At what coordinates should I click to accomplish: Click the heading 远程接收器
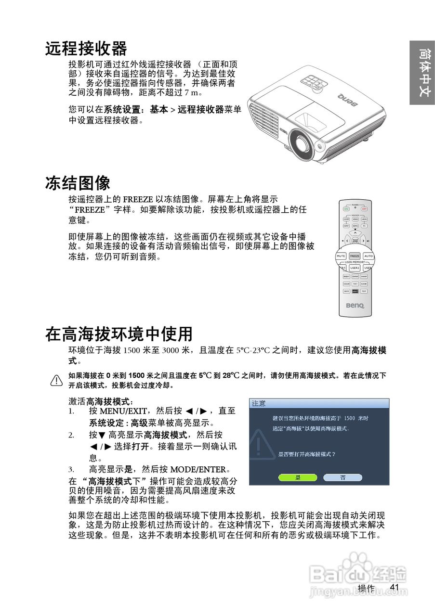pyautogui.click(x=86, y=49)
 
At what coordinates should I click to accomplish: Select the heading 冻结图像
pyautogui.click(x=78, y=182)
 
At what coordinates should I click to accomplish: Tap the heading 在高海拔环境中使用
pyautogui.click(x=119, y=334)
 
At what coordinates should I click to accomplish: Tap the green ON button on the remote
pyautogui.click(x=346, y=209)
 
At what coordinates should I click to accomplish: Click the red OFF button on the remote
pyautogui.click(x=364, y=209)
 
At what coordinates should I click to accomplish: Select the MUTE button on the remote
pyautogui.click(x=341, y=256)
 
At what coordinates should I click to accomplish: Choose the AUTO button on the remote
pyautogui.click(x=369, y=256)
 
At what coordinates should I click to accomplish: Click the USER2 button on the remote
pyautogui.click(x=355, y=268)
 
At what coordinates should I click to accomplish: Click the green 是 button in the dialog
pyautogui.click(x=298, y=477)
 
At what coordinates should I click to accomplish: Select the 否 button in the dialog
pyautogui.click(x=343, y=477)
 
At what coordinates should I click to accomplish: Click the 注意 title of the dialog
pyautogui.click(x=259, y=403)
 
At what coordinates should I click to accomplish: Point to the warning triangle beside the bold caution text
pyautogui.click(x=57, y=381)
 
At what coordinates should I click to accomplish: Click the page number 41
pyautogui.click(x=395, y=587)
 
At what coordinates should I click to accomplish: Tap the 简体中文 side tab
pyautogui.click(x=422, y=72)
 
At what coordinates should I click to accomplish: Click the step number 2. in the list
pyautogui.click(x=71, y=435)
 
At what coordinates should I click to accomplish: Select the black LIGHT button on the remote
pyautogui.click(x=355, y=291)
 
